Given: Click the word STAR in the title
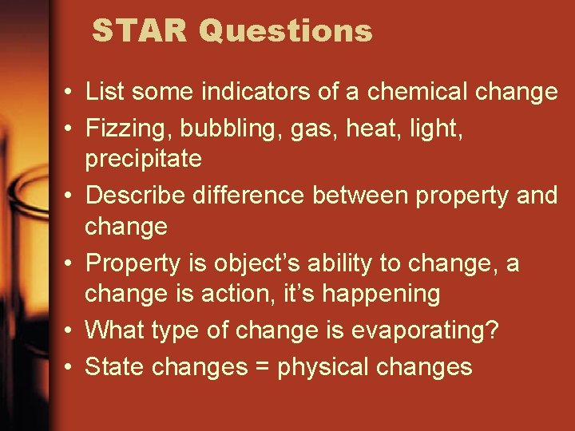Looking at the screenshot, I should (x=139, y=31).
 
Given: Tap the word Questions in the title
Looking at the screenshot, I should (x=285, y=31).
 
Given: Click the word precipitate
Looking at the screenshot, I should (x=143, y=160).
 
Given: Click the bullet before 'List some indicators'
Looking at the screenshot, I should (x=70, y=93).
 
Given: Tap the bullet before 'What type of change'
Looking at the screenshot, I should (x=70, y=330).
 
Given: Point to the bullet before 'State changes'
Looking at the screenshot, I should (x=70, y=366).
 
